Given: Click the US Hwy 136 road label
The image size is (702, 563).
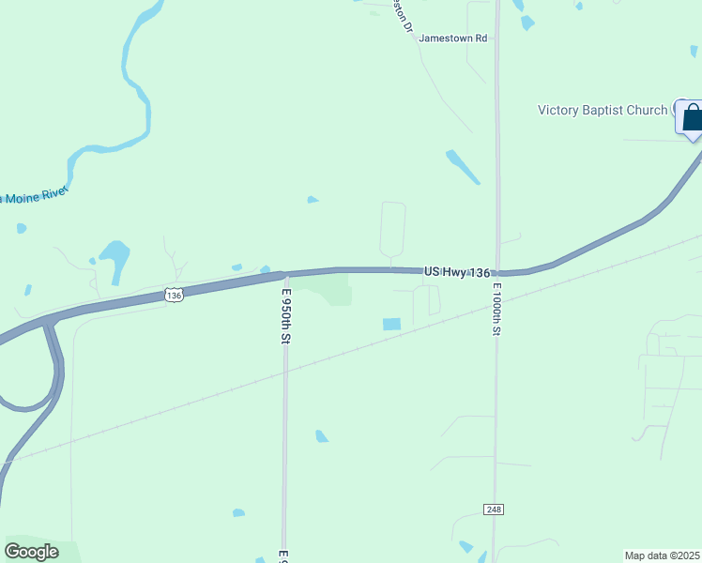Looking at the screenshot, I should (x=457, y=272).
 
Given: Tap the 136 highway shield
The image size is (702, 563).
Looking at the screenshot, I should (x=174, y=295).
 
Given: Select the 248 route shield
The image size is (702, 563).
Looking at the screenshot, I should (x=494, y=509).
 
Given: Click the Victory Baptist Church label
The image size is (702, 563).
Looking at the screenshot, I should (x=602, y=110).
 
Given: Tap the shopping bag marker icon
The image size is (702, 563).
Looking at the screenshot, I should (x=693, y=117).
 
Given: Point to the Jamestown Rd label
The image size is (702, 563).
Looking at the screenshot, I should (x=453, y=38).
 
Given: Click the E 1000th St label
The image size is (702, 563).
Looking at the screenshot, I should (x=496, y=309).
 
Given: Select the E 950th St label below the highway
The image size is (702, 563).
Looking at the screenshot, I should (x=285, y=315).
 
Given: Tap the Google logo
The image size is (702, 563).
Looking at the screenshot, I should (x=31, y=551).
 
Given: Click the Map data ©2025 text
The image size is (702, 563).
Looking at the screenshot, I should (x=663, y=555).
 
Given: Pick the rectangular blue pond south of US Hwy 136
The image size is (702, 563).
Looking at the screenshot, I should (x=391, y=324).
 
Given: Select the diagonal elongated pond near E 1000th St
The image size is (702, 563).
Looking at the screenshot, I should (x=463, y=166).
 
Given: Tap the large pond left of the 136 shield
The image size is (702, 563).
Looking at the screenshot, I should (x=114, y=259).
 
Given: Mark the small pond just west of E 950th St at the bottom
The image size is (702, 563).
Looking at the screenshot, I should (x=238, y=513).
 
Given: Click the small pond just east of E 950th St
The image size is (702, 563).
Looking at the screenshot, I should (x=322, y=435).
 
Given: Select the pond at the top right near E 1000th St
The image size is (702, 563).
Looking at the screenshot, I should (x=527, y=22).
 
